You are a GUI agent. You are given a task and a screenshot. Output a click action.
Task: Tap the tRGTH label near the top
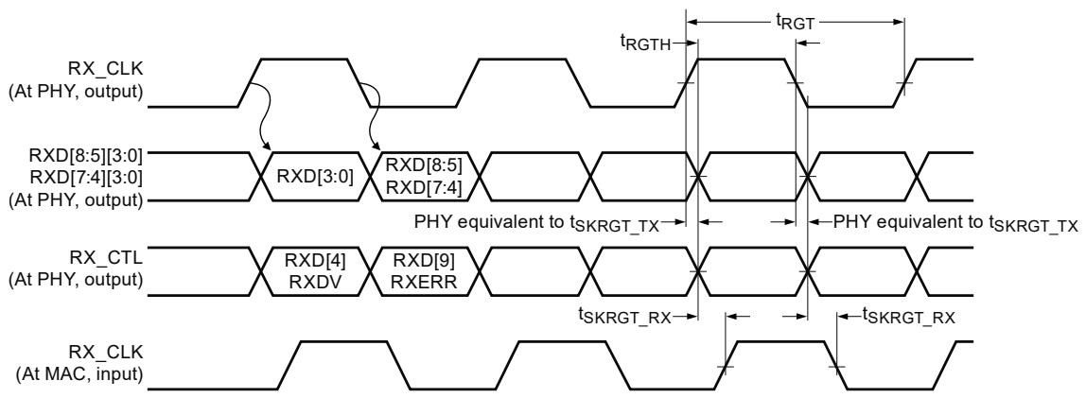point(645,43)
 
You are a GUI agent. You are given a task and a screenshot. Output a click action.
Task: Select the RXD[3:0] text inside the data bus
point(315,177)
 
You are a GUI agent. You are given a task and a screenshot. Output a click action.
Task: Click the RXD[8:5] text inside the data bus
point(423,165)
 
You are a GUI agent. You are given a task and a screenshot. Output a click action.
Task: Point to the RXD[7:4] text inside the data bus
point(423,187)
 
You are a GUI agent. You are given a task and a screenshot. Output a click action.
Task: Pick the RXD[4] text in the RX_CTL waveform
point(315,261)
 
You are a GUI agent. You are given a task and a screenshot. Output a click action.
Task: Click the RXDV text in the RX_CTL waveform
point(315,282)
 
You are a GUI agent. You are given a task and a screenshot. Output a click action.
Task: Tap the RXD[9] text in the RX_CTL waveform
point(423,261)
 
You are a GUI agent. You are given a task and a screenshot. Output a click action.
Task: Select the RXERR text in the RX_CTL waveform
point(423,282)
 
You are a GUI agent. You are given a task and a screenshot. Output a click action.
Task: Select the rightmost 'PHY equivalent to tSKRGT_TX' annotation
point(955,223)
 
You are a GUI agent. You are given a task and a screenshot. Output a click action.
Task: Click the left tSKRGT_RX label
point(624,317)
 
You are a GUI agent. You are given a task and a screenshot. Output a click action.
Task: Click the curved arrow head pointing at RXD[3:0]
point(268,147)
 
